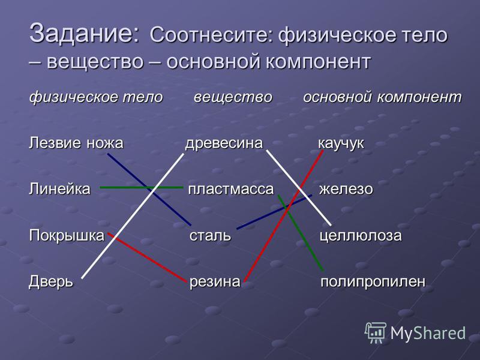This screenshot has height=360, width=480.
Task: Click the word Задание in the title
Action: tap(83, 33)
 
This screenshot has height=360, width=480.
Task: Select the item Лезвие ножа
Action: tap(76, 143)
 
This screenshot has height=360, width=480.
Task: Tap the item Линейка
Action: tap(59, 189)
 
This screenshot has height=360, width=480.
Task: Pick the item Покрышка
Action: tap(67, 235)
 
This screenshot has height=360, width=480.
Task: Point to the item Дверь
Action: tap(51, 281)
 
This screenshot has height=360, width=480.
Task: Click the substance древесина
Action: tap(224, 143)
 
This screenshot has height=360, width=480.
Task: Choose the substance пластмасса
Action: tap(231, 190)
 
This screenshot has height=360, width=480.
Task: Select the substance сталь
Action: tap(210, 235)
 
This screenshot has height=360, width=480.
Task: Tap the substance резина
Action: tap(215, 282)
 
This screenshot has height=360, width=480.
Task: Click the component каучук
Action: tap(341, 143)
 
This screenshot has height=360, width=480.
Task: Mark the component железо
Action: tap(346, 189)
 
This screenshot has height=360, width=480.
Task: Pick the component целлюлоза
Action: tap(361, 236)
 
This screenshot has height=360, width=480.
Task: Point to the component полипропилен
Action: tap(373, 282)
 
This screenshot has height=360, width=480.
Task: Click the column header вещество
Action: tap(233, 97)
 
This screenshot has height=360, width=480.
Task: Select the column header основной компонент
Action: tap(382, 97)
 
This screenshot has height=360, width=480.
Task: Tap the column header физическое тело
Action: tap(96, 97)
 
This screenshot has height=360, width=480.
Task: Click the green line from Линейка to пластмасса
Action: tap(142, 187)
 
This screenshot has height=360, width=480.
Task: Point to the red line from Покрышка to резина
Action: tap(147, 257)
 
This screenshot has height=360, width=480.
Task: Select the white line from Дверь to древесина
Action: tap(133, 216)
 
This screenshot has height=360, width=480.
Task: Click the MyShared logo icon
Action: tap(376, 332)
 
